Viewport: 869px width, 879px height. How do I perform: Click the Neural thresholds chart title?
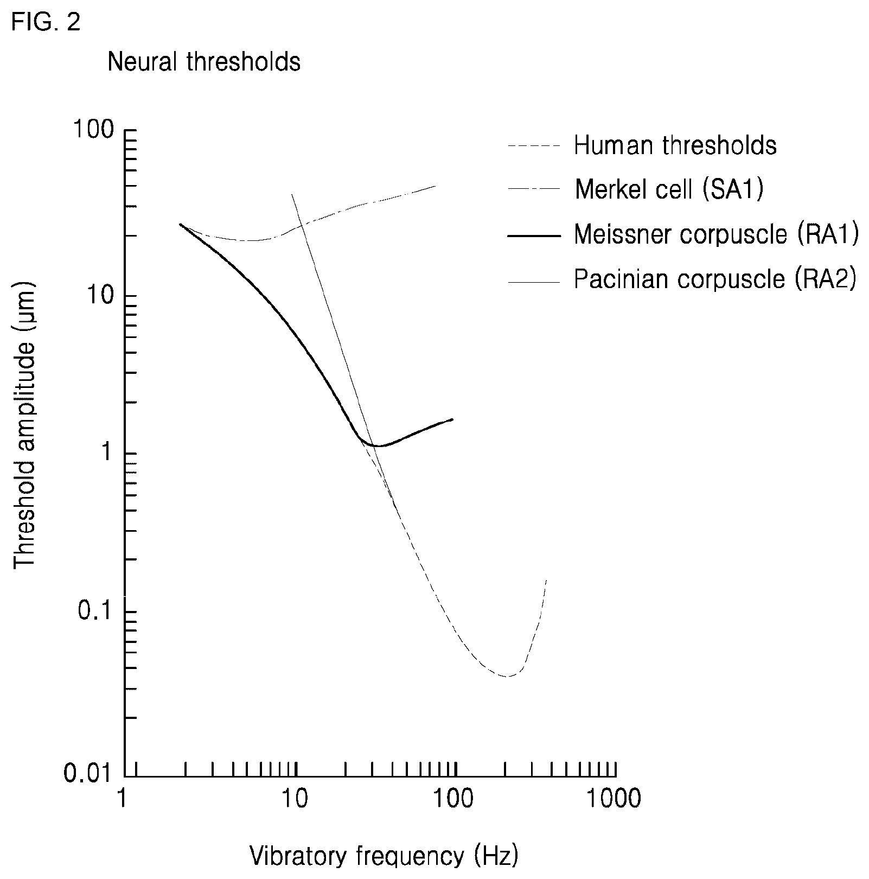point(204,62)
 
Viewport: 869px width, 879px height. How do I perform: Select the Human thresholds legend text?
point(675,145)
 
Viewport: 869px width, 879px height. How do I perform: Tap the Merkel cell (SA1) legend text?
point(669,189)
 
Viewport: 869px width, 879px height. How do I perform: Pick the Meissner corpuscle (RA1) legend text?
point(717,234)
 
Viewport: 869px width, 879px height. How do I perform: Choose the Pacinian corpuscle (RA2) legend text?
point(715,279)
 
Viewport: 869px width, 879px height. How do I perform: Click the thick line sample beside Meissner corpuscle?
point(534,235)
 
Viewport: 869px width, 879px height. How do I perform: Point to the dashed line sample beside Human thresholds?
point(534,146)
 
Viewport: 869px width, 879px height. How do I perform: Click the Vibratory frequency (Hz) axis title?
point(384,856)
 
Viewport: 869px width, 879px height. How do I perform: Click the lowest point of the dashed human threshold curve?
point(508,677)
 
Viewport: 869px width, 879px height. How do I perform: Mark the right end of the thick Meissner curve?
point(453,419)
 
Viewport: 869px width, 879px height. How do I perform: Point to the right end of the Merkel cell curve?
point(436,186)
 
